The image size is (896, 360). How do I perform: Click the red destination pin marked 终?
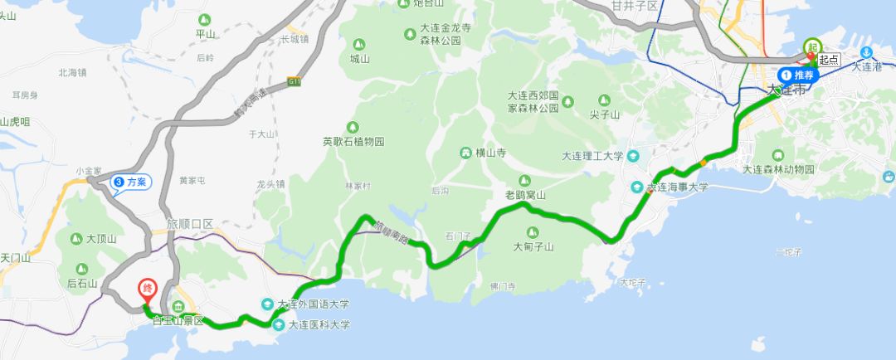pyautogui.click(x=146, y=289)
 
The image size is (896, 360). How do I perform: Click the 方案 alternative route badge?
pyautogui.click(x=130, y=182)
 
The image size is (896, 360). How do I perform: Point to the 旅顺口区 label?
pyautogui.click(x=190, y=224)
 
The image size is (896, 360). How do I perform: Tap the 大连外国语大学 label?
pyautogui.click(x=314, y=304)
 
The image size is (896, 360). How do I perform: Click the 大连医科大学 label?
pyautogui.click(x=319, y=325)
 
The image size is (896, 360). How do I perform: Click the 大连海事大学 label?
pyautogui.click(x=678, y=187)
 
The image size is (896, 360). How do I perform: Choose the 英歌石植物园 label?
pyautogui.click(x=353, y=142)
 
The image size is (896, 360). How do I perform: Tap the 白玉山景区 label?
pyautogui.click(x=178, y=321)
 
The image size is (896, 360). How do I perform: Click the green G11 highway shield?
pyautogui.click(x=295, y=81)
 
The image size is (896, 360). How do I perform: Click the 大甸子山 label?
pyautogui.click(x=533, y=246)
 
